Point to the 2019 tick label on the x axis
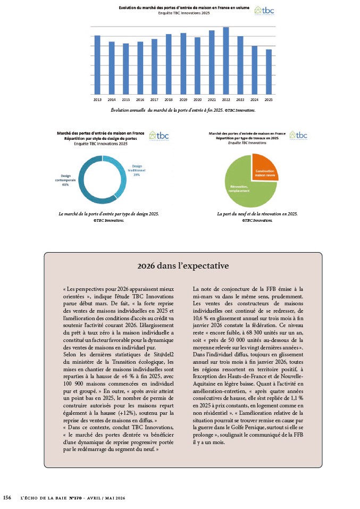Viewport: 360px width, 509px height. [x=183, y=99]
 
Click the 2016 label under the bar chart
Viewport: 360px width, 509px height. [x=140, y=99]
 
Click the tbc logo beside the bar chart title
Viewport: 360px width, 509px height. [x=265, y=10]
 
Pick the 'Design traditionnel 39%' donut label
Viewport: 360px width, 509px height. [x=137, y=170]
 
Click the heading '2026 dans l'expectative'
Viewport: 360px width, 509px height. [x=183, y=265]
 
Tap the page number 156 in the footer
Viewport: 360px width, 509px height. [x=7, y=497]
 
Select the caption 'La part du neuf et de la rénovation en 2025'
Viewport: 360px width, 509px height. [x=257, y=214]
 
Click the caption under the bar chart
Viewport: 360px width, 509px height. [x=182, y=110]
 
